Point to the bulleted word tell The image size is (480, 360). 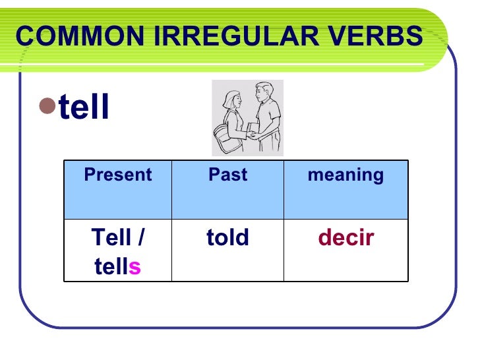pos(84,107)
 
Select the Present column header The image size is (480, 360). pos(117,175)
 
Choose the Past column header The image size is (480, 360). pos(227,175)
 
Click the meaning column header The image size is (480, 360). pos(345,175)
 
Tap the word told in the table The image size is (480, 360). pos(227,237)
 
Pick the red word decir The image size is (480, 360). pos(345,237)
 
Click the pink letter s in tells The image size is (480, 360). pos(135,267)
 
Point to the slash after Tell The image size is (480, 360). pos(142,237)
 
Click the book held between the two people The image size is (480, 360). pos(253,129)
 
